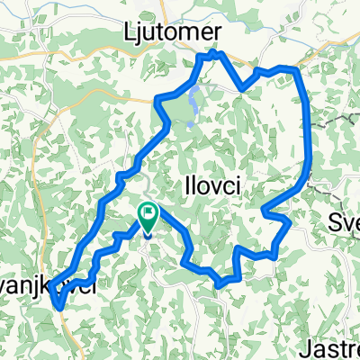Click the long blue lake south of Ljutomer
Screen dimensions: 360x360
click(194, 103)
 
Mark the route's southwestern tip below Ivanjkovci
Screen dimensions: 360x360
click(58, 307)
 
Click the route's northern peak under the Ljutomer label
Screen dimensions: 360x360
click(208, 57)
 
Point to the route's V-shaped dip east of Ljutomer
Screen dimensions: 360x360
click(240, 88)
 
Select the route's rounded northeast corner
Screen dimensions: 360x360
click(295, 71)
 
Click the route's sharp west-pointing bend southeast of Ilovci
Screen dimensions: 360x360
click(263, 211)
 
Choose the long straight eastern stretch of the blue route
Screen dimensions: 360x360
click(307, 126)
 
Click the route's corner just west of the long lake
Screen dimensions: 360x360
click(160, 99)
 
